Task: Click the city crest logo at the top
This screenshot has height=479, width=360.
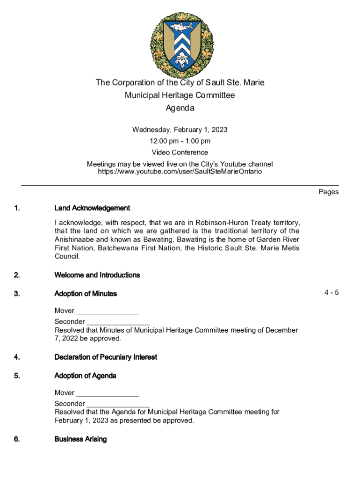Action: [x=180, y=45]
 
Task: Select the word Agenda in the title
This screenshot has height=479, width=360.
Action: [x=180, y=109]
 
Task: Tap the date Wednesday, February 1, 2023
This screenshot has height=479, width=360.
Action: [x=180, y=130]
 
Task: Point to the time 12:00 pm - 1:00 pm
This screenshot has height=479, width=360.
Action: [x=180, y=141]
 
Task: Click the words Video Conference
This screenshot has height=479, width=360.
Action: [x=180, y=152]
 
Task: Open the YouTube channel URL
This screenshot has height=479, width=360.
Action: [x=180, y=172]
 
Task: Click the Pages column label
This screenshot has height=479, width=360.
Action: [x=329, y=192]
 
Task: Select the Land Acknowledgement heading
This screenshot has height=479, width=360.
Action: [x=92, y=208]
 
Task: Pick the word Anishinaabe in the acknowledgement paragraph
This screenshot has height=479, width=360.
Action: [x=75, y=239]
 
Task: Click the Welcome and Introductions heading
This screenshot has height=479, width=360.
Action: [x=97, y=275]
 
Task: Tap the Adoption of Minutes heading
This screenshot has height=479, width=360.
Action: [x=86, y=294]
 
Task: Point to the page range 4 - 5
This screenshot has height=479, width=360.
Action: [x=331, y=293]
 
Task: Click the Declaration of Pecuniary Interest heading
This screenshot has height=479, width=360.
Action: [x=106, y=357]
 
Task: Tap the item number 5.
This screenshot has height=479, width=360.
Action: [x=17, y=376]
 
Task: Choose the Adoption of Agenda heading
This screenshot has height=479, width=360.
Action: [x=85, y=376]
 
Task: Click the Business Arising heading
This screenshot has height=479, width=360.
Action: [x=80, y=439]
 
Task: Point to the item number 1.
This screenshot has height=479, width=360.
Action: [x=17, y=208]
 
